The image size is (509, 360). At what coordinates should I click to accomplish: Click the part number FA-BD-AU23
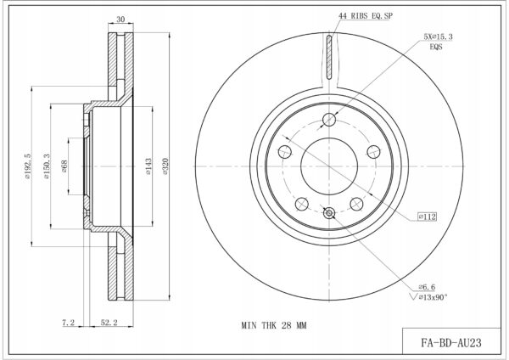tap(451, 343)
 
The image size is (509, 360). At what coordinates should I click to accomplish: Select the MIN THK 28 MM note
tap(274, 325)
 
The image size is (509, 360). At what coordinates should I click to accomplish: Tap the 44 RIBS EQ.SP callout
tap(365, 15)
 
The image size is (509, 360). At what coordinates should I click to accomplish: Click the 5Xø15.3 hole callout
tap(438, 37)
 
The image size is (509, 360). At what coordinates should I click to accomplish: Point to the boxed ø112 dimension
tap(428, 217)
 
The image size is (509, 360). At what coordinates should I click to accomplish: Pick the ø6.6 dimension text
tap(427, 287)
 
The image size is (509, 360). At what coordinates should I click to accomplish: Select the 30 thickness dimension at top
tap(120, 20)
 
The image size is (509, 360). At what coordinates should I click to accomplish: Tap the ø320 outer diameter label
tap(165, 166)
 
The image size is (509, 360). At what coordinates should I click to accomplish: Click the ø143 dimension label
tap(148, 166)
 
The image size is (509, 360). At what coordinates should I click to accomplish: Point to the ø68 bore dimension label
tap(64, 166)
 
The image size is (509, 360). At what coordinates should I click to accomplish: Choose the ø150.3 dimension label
tap(47, 166)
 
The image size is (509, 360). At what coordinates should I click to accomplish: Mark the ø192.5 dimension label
tap(27, 166)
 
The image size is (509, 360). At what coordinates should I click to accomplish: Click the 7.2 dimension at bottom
tap(69, 323)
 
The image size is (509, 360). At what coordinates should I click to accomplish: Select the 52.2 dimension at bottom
tap(109, 323)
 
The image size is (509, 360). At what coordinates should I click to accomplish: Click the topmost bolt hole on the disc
tap(329, 120)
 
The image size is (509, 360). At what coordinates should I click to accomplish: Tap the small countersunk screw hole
tap(329, 213)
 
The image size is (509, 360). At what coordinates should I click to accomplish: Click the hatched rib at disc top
tap(329, 57)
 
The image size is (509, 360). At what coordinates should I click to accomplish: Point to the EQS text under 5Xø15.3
tap(436, 47)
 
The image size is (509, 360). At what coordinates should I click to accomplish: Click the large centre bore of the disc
tap(329, 166)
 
